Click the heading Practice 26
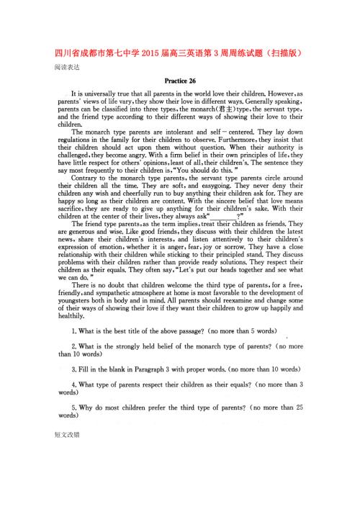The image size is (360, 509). pos(180,81)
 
